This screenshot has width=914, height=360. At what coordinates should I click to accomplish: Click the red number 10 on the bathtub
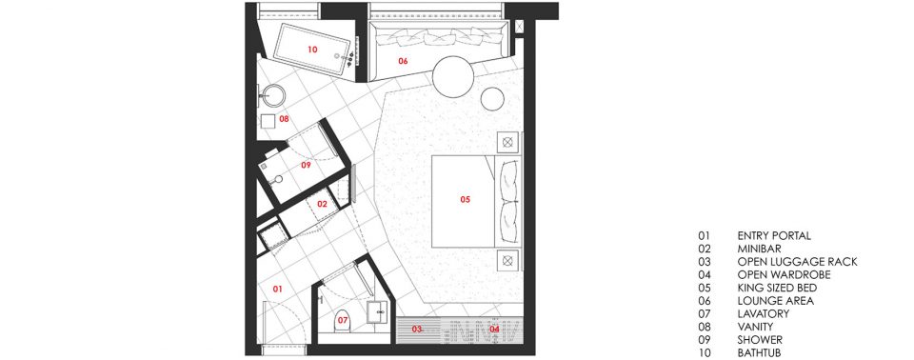point(312,50)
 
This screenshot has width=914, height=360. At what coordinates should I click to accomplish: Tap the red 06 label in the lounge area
point(403,61)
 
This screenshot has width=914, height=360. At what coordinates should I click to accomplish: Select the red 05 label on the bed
point(466,200)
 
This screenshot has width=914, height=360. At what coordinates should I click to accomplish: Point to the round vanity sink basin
point(273,95)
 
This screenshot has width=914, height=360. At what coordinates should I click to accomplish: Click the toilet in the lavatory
point(342,321)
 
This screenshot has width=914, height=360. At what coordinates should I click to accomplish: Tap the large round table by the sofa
point(453,77)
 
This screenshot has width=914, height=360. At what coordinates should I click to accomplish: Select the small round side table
point(492,99)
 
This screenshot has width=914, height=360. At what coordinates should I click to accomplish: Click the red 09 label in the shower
point(306,165)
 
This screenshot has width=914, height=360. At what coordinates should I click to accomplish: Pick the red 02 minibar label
point(323,204)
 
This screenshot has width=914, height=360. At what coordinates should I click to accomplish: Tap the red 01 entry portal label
point(277,289)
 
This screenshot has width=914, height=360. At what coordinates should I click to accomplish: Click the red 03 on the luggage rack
point(417,330)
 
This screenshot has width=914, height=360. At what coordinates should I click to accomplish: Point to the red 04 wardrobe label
point(494,330)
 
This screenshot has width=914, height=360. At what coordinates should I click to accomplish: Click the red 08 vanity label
point(284,119)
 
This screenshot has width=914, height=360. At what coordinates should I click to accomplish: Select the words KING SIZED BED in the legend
point(777,289)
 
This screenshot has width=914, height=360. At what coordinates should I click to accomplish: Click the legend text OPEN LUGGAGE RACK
point(798,262)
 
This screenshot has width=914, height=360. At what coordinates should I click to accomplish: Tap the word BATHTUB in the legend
point(759,353)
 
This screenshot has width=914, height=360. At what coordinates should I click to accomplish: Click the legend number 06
point(705,301)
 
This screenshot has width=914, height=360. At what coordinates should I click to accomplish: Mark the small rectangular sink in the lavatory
point(377,311)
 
